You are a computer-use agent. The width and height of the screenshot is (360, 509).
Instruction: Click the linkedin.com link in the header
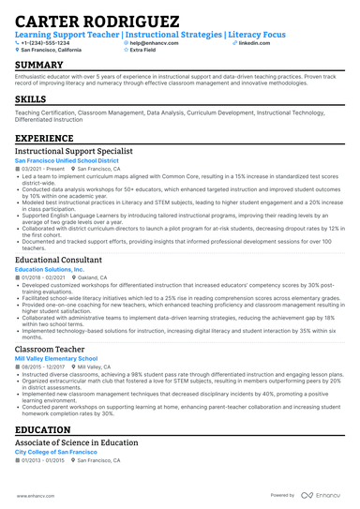point(248,43)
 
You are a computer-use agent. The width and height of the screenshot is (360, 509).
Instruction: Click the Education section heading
point(46,430)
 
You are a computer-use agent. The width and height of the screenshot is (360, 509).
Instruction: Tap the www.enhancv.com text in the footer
point(35,495)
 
